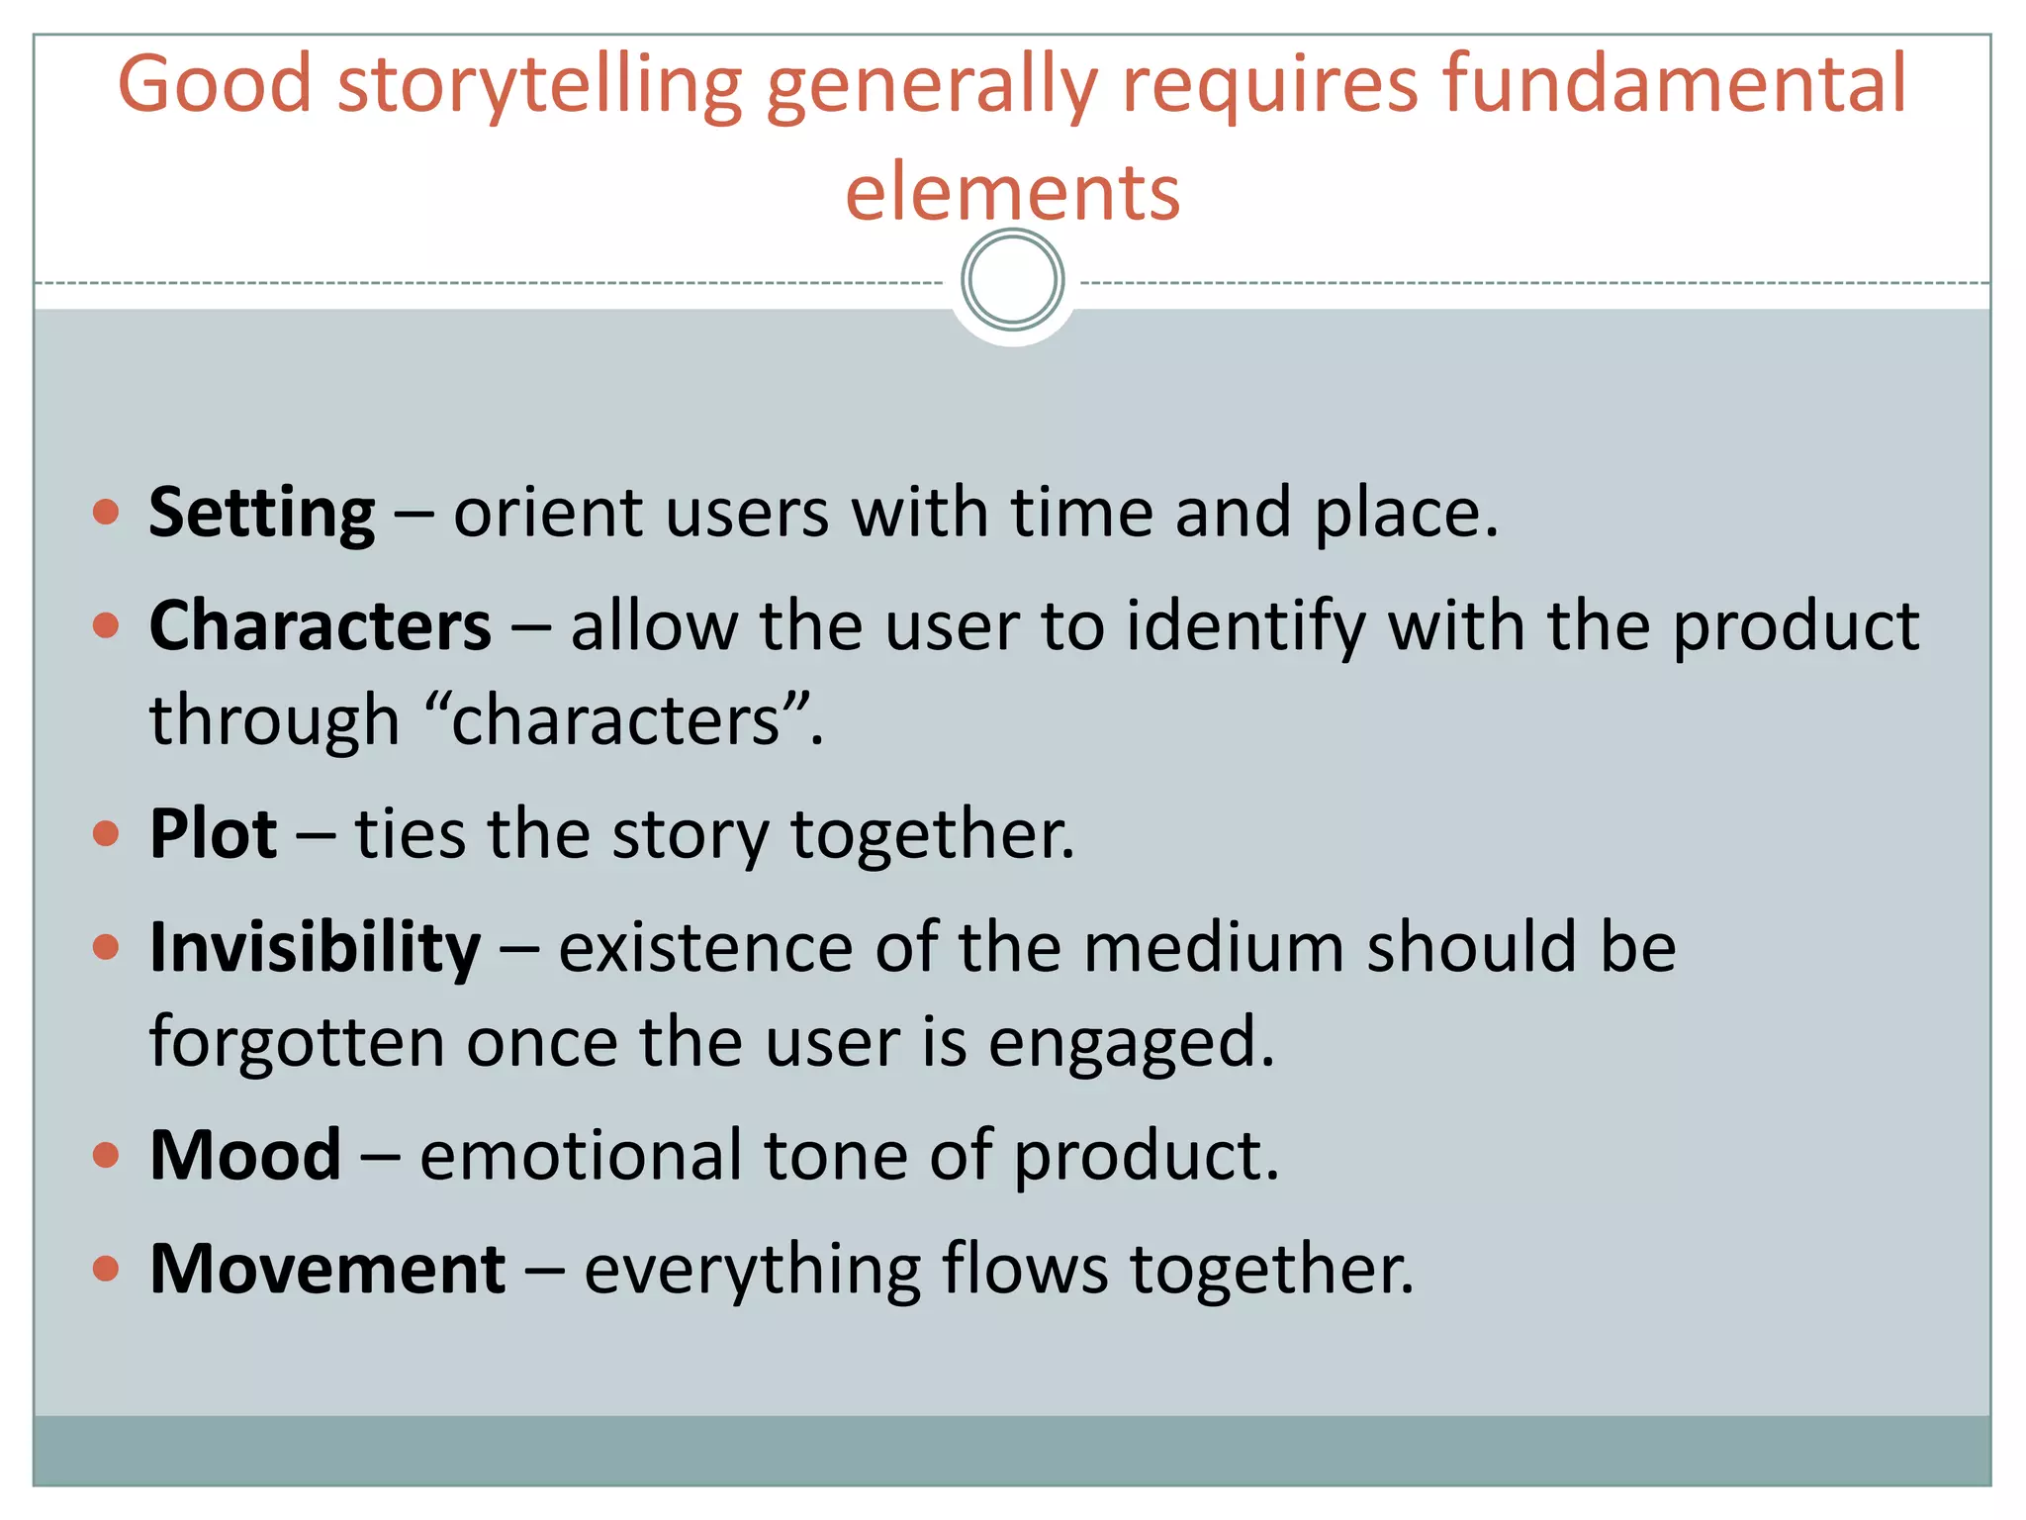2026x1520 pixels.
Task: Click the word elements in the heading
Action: (x=1012, y=191)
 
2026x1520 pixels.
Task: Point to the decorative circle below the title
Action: (x=1012, y=280)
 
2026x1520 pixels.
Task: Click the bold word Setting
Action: (x=262, y=515)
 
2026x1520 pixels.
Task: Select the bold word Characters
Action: (x=321, y=626)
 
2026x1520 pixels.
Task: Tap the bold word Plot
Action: (x=213, y=833)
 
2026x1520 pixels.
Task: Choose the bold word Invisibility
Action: (x=315, y=948)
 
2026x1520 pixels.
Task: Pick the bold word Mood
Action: (x=245, y=1155)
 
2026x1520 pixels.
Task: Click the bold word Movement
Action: (x=327, y=1269)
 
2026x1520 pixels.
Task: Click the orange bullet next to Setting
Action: (x=106, y=513)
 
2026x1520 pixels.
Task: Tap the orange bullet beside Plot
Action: (x=106, y=833)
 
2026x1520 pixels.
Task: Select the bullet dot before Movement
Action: (x=106, y=1268)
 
